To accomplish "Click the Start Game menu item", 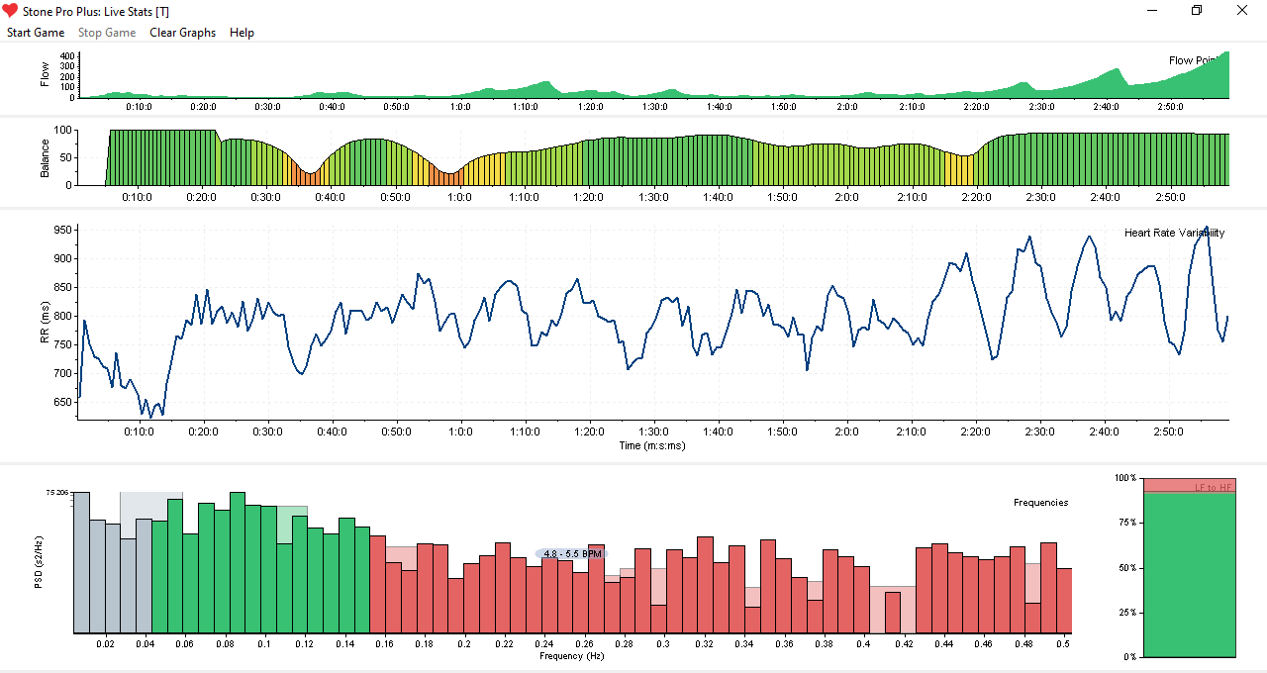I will (36, 33).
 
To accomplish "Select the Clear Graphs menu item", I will (182, 33).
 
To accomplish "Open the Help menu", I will (242, 33).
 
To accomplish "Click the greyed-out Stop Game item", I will (107, 33).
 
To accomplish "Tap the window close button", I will (1242, 10).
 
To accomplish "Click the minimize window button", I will (1151, 10).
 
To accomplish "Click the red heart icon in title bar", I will (10, 10).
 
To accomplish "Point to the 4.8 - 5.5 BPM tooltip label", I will (572, 554).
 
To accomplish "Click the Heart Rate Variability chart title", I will (1174, 234).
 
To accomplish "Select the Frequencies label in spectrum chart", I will (1040, 503).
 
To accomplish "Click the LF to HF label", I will (1213, 488).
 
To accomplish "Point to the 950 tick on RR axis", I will (62, 230).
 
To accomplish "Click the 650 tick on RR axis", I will (62, 402).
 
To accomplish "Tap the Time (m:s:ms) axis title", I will (651, 445).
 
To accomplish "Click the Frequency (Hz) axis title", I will (572, 656).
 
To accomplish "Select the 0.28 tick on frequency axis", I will (624, 644).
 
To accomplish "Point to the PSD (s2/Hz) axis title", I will (39, 562).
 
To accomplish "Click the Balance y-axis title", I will (45, 157).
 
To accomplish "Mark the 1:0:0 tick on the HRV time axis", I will (460, 433).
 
